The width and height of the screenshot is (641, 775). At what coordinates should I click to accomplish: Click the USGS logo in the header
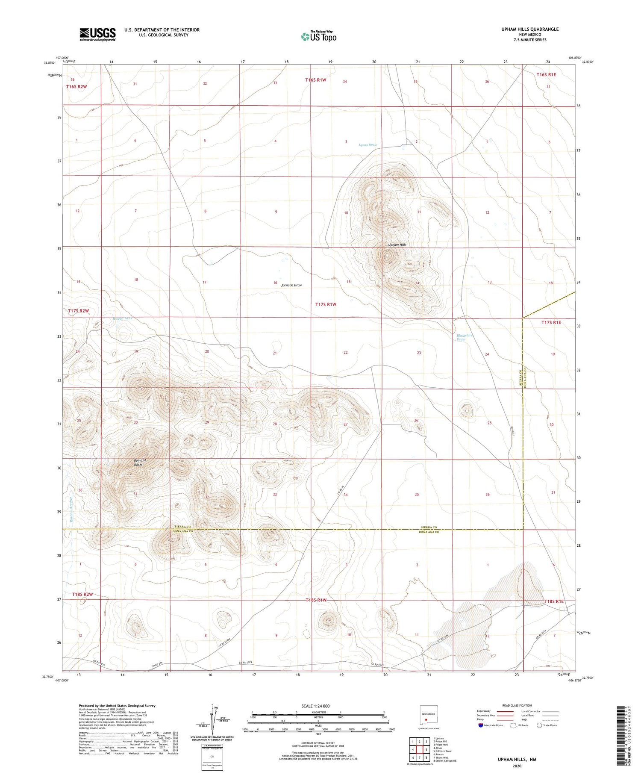pyautogui.click(x=97, y=34)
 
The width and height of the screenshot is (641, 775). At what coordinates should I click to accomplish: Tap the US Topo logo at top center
pyautogui.click(x=318, y=37)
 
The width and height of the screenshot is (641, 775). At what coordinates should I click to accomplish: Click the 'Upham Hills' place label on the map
pyautogui.click(x=397, y=245)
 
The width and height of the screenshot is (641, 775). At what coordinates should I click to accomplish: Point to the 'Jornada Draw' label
pyautogui.click(x=292, y=285)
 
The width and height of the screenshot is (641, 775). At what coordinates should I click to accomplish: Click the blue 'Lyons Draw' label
pyautogui.click(x=368, y=145)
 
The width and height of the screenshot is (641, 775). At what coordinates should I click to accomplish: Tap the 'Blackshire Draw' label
pyautogui.click(x=465, y=337)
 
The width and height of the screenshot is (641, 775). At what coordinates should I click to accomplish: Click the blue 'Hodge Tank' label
pyautogui.click(x=123, y=318)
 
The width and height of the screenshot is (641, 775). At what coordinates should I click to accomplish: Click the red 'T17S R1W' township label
pyautogui.click(x=326, y=304)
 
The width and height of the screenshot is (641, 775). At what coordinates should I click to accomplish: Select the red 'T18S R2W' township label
pyautogui.click(x=82, y=595)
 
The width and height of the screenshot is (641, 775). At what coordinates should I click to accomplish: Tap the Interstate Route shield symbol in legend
pyautogui.click(x=481, y=725)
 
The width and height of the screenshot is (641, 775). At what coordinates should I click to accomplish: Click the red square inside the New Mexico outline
pyautogui.click(x=426, y=719)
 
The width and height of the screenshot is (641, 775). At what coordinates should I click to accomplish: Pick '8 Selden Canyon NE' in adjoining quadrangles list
pyautogui.click(x=444, y=761)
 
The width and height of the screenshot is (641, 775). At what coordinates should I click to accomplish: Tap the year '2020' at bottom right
pyautogui.click(x=517, y=766)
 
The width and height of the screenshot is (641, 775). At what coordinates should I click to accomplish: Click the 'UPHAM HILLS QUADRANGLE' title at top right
pyautogui.click(x=530, y=29)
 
